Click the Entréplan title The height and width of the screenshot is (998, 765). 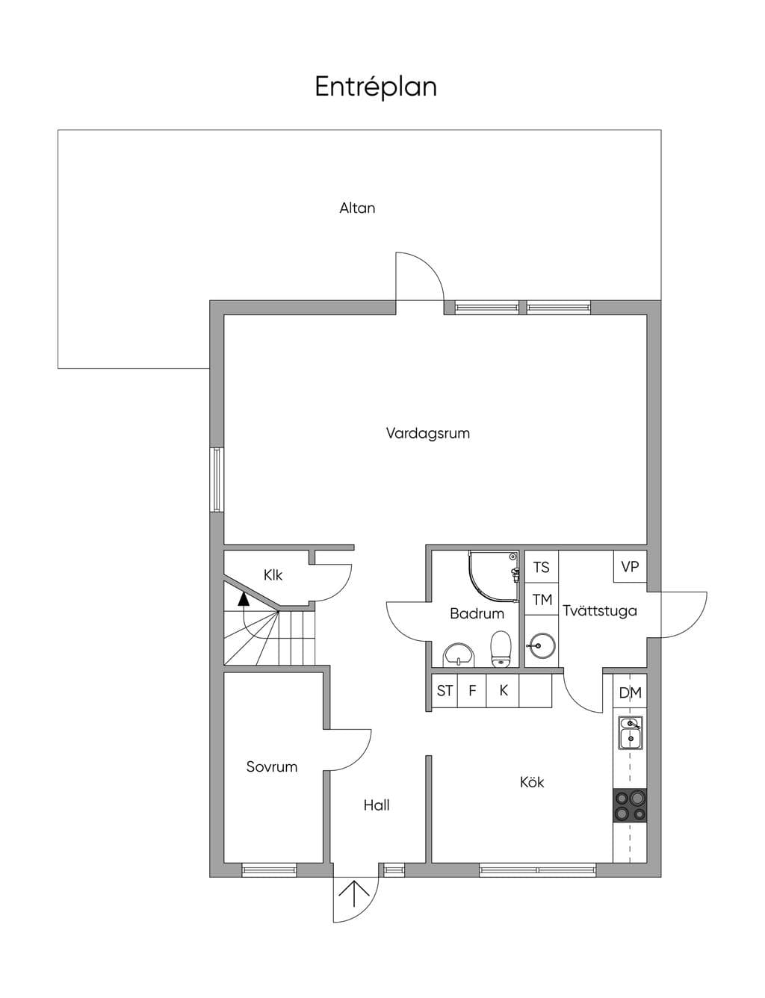375,87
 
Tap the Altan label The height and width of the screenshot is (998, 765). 357,208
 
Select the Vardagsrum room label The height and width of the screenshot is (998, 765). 427,433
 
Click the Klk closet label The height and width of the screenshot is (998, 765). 273,574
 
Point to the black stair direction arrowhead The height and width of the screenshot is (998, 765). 243,599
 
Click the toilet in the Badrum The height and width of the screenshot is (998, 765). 501,648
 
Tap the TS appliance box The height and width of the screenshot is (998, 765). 542,567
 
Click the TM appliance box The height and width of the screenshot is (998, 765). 542,599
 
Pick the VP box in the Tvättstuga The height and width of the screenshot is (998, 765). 630,567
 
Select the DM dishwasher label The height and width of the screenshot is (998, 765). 630,693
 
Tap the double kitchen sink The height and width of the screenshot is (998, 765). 630,732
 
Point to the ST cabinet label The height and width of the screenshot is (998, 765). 444,691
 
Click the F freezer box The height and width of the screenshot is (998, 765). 471,691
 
